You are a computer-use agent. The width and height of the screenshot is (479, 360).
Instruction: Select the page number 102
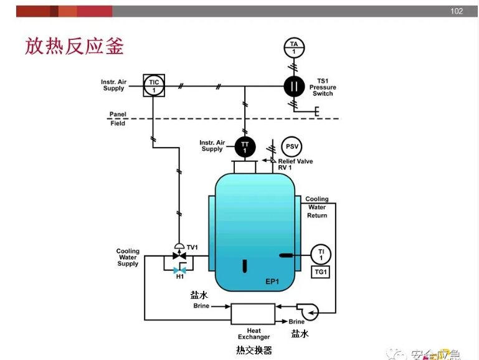click(x=457, y=11)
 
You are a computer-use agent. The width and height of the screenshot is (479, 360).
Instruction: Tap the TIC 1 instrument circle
click(x=153, y=86)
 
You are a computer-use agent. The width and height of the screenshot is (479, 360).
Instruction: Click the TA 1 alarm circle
click(x=294, y=47)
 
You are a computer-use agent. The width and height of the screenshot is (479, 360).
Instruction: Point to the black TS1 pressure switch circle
click(x=294, y=86)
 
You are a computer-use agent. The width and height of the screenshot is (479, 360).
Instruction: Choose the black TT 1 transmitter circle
click(x=245, y=147)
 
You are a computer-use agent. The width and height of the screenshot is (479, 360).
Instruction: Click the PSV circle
click(x=292, y=146)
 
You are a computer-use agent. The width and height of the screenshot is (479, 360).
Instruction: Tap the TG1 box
click(x=321, y=272)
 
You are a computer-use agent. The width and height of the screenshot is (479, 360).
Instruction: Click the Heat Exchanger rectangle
click(x=253, y=313)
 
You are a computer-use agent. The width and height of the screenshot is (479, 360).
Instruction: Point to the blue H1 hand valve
click(x=179, y=270)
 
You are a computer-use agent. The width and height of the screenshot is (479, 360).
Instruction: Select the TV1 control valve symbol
click(x=179, y=255)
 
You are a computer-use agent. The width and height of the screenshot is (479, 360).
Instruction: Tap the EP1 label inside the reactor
click(x=272, y=282)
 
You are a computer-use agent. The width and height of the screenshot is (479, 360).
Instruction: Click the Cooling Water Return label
click(x=316, y=207)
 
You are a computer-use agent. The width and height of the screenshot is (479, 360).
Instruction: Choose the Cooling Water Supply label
click(x=128, y=257)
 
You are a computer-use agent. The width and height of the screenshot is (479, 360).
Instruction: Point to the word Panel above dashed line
click(x=118, y=115)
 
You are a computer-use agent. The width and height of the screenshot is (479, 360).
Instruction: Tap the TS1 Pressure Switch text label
click(x=323, y=87)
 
